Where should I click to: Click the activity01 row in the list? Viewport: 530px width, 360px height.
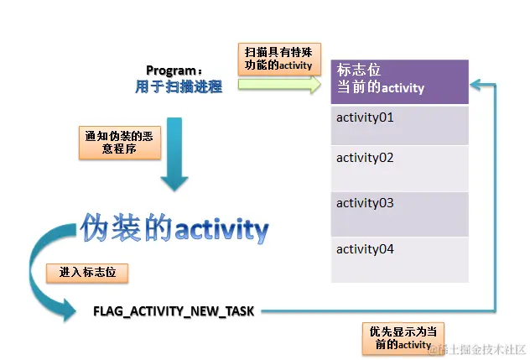(399, 124)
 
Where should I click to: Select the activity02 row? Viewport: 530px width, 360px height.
(399, 168)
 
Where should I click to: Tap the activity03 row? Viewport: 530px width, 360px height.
(399, 214)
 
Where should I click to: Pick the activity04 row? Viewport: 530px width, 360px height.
(399, 259)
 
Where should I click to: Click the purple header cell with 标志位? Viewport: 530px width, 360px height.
(399, 81)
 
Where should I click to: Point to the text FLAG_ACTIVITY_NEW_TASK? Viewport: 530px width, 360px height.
(174, 311)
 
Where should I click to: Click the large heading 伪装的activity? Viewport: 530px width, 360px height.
(175, 228)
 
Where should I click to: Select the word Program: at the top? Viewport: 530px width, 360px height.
(174, 70)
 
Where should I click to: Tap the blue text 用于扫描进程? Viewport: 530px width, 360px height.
(179, 86)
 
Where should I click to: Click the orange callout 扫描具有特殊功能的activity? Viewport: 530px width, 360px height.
(278, 57)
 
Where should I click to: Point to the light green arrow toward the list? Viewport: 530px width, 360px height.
(278, 85)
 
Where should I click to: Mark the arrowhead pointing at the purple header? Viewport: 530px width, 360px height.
(476, 85)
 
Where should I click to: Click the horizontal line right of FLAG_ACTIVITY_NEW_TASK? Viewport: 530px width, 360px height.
(377, 311)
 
